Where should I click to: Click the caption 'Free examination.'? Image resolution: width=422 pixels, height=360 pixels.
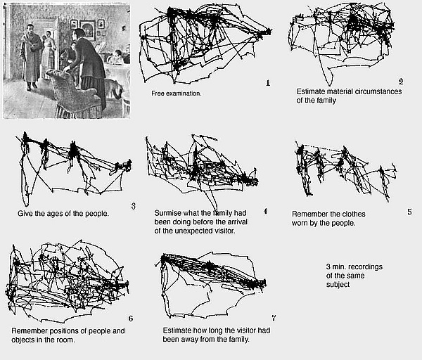tap(177, 94)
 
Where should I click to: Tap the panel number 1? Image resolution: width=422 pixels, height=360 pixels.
tap(268, 83)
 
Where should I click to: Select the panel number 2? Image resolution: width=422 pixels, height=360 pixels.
tap(401, 82)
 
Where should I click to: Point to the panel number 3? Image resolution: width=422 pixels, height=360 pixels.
tap(134, 206)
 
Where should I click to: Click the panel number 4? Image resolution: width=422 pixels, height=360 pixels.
tap(265, 211)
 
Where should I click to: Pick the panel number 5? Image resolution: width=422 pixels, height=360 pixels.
tap(409, 212)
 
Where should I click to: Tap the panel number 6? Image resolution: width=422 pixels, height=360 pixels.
tap(131, 319)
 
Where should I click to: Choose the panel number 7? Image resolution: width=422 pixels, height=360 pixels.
tap(274, 318)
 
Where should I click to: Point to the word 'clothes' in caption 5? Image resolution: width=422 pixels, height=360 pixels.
tap(354, 214)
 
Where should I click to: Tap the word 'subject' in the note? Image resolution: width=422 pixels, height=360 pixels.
tap(338, 285)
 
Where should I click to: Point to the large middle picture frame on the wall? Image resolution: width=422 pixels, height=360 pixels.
tap(88, 30)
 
